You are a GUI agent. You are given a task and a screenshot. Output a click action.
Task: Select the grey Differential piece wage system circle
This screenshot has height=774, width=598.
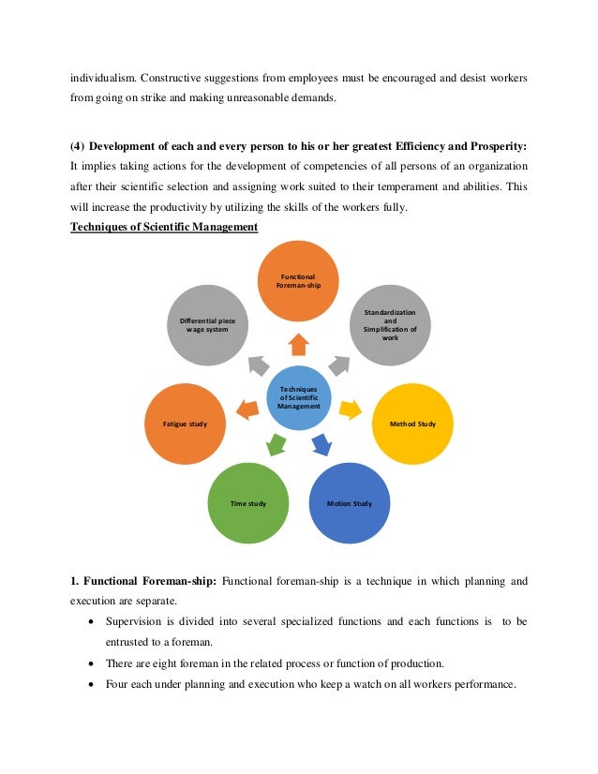(208, 325)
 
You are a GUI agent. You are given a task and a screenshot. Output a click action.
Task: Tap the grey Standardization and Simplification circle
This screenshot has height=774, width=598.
(390, 324)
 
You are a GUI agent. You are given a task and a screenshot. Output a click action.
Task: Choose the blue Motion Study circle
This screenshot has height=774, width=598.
(349, 503)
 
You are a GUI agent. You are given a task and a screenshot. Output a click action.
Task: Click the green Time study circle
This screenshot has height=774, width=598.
(247, 503)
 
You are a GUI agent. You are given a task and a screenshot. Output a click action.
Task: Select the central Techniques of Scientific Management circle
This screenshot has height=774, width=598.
(298, 396)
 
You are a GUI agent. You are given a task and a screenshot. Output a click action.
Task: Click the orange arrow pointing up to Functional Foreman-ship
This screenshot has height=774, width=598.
(298, 344)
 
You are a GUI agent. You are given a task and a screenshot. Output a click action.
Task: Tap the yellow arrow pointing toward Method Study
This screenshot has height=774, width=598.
(350, 408)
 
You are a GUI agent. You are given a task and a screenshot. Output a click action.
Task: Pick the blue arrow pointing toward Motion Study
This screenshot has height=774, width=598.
(321, 444)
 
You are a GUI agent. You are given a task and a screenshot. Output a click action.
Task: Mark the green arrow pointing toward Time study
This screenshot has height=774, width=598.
(276, 444)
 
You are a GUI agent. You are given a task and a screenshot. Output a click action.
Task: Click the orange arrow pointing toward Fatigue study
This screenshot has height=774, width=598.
(247, 409)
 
